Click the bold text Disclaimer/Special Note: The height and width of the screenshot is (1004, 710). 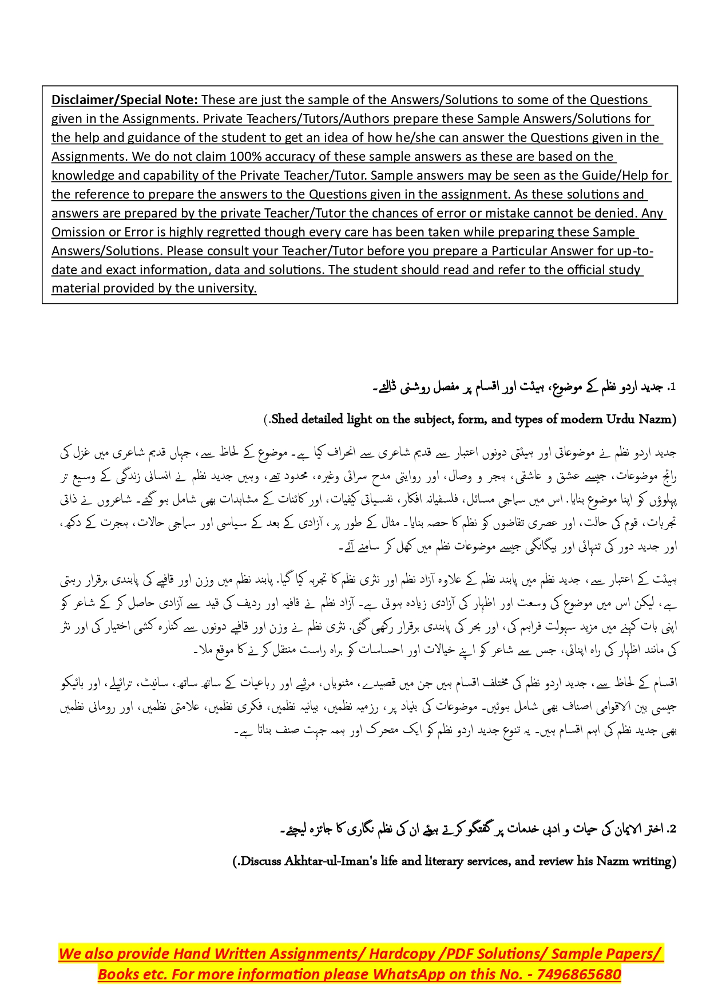(124, 100)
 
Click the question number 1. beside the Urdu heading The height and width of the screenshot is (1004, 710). (672, 388)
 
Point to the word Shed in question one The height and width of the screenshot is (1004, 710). (284, 419)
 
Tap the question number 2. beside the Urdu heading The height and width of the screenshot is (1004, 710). (672, 829)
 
